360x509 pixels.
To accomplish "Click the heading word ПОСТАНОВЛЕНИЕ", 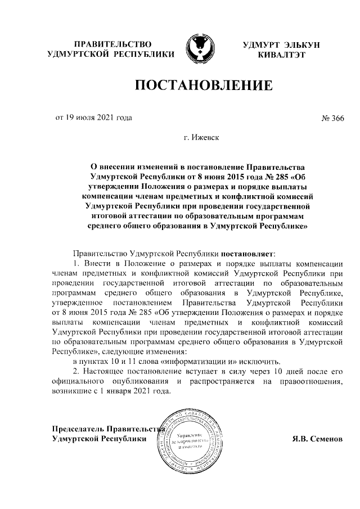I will (x=203, y=86).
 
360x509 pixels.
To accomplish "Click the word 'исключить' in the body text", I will (x=261, y=361).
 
